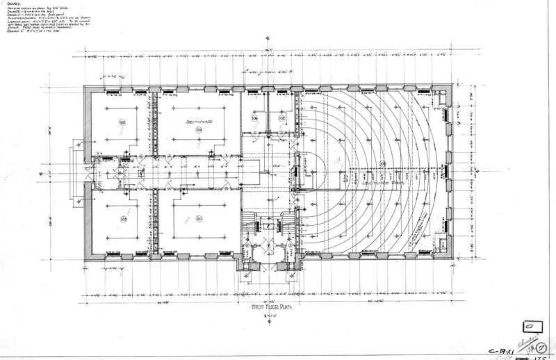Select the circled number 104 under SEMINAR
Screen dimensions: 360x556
tap(199, 129)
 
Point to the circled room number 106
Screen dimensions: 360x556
tap(255, 119)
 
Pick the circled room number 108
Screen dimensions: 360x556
tap(282, 119)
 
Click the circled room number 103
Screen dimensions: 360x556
tap(123, 219)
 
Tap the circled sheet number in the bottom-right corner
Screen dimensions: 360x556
tap(541, 345)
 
